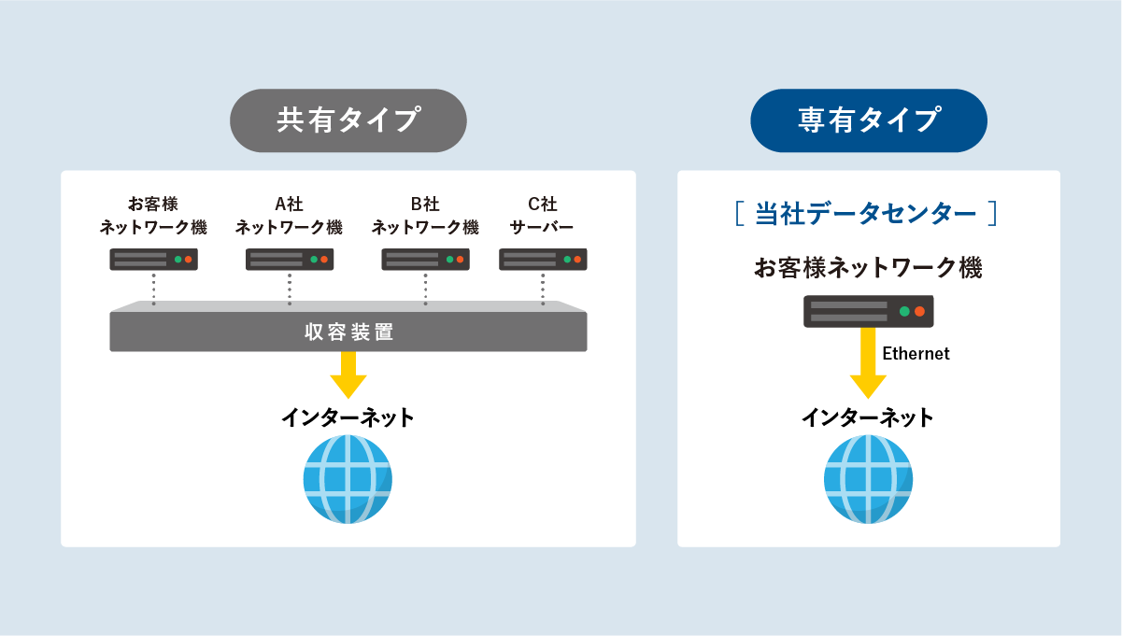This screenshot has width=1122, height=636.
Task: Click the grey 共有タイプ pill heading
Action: click(x=348, y=120)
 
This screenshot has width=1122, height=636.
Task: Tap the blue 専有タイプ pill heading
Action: click(x=869, y=120)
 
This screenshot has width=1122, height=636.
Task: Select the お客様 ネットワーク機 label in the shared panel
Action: click(x=153, y=216)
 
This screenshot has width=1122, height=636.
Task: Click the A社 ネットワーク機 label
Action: click(x=289, y=216)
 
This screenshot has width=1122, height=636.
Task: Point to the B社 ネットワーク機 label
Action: click(x=425, y=216)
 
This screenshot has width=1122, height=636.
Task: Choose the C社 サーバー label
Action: click(x=542, y=216)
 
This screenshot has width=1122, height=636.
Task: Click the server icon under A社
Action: click(x=290, y=260)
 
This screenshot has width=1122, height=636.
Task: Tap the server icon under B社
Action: click(x=425, y=260)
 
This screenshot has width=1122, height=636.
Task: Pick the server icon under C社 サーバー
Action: click(x=543, y=260)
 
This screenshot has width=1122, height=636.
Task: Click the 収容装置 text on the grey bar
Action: click(x=349, y=332)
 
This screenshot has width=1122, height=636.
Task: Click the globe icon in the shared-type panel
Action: click(x=348, y=479)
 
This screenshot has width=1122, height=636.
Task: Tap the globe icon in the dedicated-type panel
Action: click(x=868, y=479)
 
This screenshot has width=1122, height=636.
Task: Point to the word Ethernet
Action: click(x=916, y=354)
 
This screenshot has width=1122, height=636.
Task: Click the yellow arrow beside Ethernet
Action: click(x=868, y=363)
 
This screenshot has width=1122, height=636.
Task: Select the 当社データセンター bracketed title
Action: click(x=866, y=214)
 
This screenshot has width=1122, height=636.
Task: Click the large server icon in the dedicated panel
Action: click(x=869, y=311)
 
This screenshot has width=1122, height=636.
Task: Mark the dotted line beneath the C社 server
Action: click(x=543, y=289)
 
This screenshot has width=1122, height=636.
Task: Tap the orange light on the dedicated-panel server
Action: click(x=919, y=312)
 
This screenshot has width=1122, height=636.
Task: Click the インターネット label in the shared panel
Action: click(x=348, y=417)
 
